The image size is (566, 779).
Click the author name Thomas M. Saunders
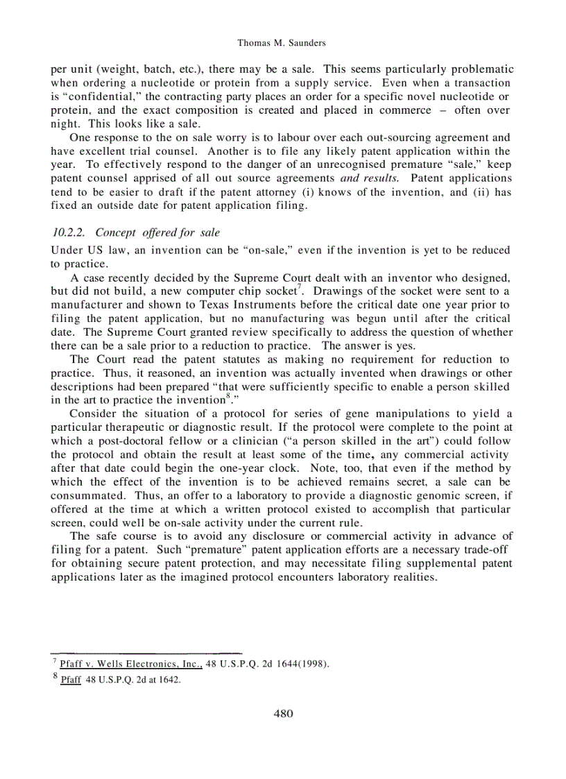282,43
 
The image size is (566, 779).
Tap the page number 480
283,713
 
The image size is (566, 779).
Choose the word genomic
409,495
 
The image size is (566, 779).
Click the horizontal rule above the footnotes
146,653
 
